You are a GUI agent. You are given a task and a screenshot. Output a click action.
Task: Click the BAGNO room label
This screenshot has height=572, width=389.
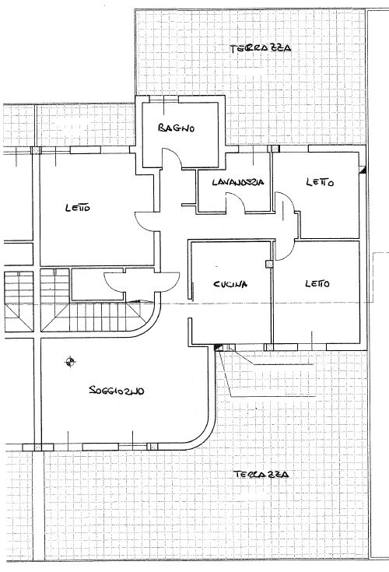[177, 128]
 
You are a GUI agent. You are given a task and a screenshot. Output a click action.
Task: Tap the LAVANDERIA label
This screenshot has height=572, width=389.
[238, 181]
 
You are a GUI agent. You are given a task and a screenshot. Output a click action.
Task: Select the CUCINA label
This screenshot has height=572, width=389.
[230, 284]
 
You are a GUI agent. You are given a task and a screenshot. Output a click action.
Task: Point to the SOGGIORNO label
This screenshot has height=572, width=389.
[117, 391]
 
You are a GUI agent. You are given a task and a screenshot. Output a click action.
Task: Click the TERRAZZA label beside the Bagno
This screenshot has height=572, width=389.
[261, 48]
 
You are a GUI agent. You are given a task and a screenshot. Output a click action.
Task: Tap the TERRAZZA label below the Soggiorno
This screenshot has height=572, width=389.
[261, 474]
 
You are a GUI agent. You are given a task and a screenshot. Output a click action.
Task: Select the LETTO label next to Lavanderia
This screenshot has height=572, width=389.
[320, 181]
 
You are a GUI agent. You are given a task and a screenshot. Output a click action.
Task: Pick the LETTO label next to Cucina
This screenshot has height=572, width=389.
[317, 283]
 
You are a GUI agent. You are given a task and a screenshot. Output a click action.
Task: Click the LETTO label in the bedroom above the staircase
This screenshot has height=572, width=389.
[78, 208]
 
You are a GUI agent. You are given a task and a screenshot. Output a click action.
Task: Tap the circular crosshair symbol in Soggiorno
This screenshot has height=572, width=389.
[70, 362]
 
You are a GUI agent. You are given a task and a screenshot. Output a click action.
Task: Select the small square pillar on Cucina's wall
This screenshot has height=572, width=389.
[268, 263]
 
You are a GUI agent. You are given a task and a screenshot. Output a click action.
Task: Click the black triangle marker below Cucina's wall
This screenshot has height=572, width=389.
[218, 348]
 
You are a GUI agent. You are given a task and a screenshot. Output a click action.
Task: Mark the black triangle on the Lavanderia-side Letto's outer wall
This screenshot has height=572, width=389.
[363, 170]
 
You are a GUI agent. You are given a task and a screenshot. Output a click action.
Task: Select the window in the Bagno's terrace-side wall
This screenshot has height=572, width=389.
[163, 99]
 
